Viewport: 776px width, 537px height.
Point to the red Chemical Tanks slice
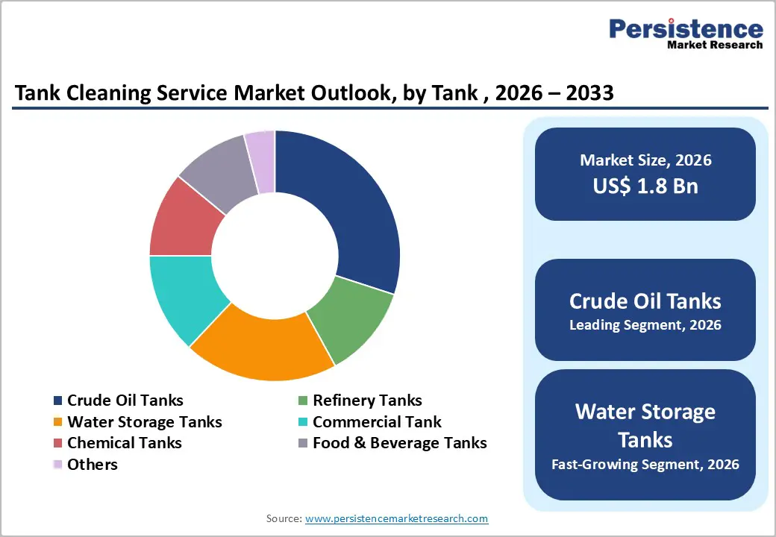184,221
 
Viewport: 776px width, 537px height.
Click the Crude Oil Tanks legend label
125,401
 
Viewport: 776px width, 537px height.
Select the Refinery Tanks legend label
367,401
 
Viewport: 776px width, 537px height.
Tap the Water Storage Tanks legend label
145,422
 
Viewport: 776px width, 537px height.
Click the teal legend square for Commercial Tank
303,422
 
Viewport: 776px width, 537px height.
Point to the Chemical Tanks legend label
125,443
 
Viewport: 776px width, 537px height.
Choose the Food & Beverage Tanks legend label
399,443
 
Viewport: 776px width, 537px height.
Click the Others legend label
93,465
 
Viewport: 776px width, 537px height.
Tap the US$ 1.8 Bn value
645,186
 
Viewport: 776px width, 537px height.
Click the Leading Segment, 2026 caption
645,325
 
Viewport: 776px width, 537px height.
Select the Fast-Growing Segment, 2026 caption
645,465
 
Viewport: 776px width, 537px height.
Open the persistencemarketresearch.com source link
396,518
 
